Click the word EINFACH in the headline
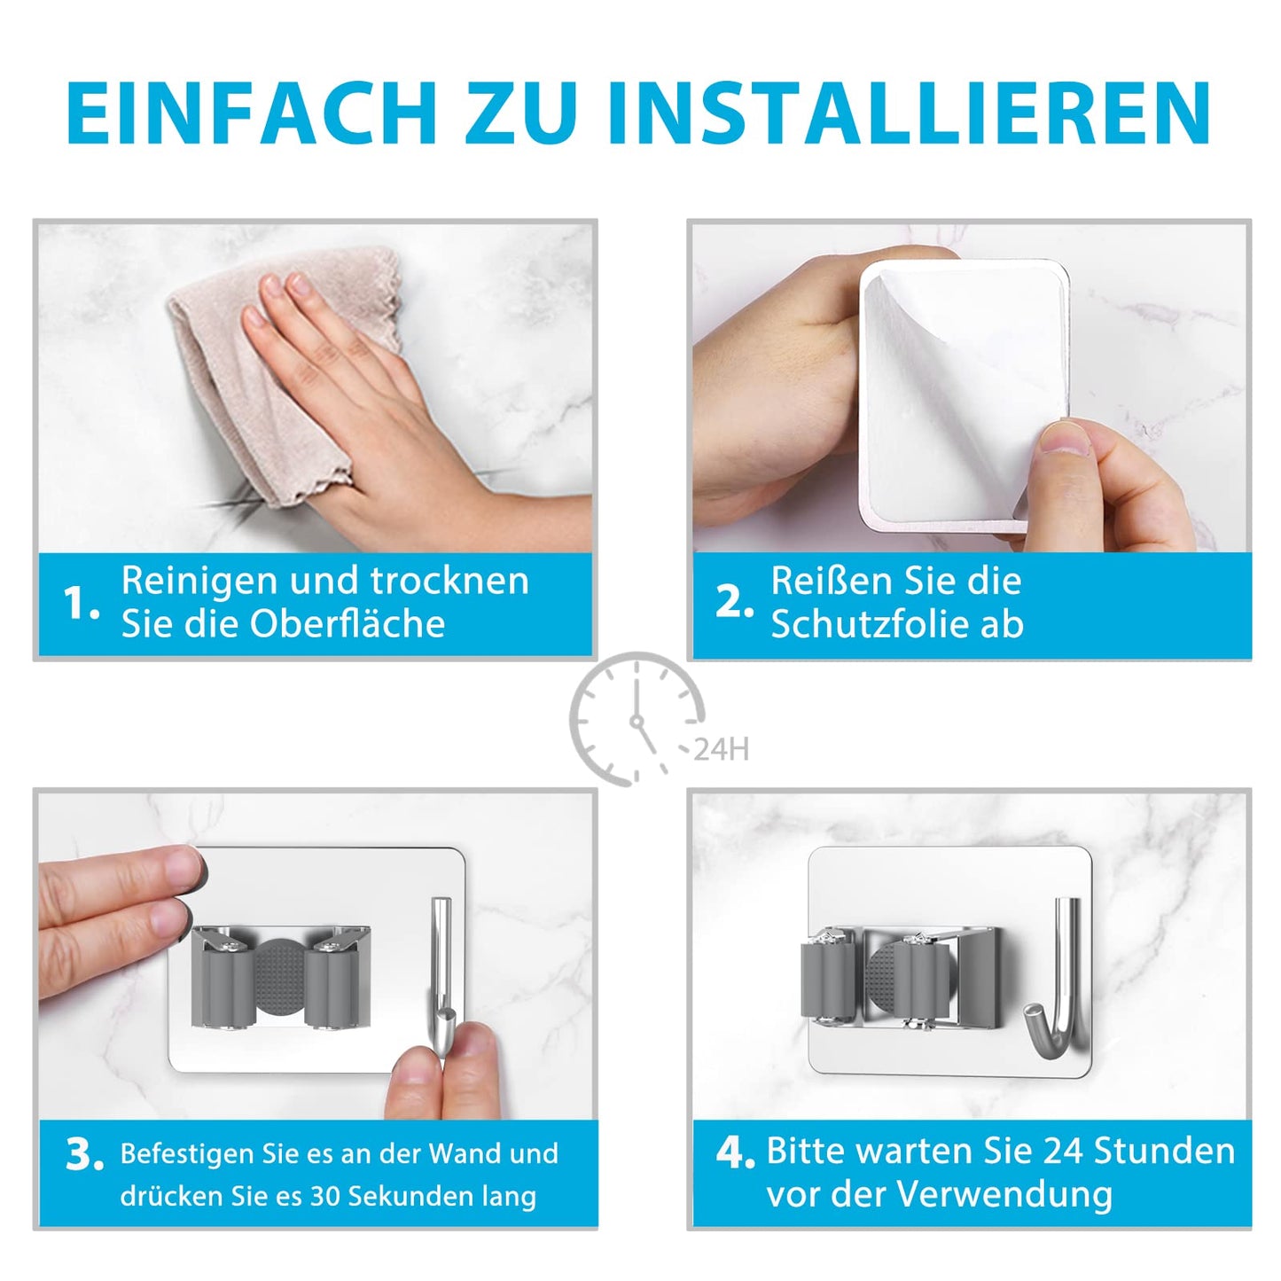(x=252, y=113)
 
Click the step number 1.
(x=81, y=603)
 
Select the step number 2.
(x=735, y=602)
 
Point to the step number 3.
(x=84, y=1156)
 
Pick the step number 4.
(x=735, y=1152)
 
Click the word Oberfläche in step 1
(x=348, y=623)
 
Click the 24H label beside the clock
(x=721, y=749)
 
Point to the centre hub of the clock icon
(x=637, y=721)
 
